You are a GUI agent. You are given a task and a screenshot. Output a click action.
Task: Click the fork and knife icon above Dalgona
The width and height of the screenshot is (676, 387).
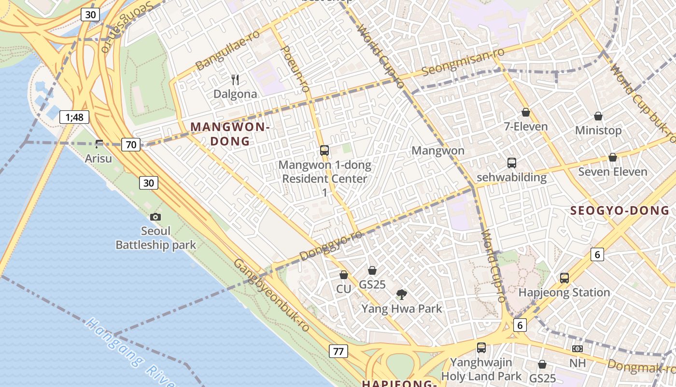(235, 79)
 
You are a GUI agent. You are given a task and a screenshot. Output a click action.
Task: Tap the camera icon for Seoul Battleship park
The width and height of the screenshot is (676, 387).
(155, 217)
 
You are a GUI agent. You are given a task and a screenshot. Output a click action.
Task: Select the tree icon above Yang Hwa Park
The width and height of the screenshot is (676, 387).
(401, 294)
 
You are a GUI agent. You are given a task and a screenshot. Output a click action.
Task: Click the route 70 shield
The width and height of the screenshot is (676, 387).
(131, 144)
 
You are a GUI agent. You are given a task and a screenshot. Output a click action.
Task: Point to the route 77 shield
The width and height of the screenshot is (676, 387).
(338, 351)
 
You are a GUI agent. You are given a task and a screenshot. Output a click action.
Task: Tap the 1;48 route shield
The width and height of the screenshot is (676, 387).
(74, 117)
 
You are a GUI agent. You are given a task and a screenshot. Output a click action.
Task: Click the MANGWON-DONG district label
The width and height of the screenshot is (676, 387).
(230, 134)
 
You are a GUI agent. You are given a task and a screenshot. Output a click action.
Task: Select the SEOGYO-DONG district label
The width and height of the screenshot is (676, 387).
(620, 210)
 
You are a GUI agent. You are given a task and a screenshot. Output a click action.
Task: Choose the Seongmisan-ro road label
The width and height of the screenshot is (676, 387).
(463, 61)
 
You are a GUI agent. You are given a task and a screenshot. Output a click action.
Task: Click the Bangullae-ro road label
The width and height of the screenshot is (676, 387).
(227, 49)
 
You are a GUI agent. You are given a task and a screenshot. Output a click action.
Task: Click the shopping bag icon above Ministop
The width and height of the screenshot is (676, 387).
(598, 116)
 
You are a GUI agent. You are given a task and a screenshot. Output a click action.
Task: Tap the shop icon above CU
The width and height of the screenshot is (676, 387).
(344, 275)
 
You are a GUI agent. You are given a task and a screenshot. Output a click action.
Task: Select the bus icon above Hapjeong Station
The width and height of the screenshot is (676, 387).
(564, 278)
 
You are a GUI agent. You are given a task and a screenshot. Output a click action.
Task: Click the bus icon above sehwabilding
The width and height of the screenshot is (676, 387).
(511, 163)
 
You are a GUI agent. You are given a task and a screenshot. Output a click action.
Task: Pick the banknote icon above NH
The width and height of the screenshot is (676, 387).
(577, 349)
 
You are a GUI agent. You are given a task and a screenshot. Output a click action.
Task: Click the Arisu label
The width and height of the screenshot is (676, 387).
(99, 158)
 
